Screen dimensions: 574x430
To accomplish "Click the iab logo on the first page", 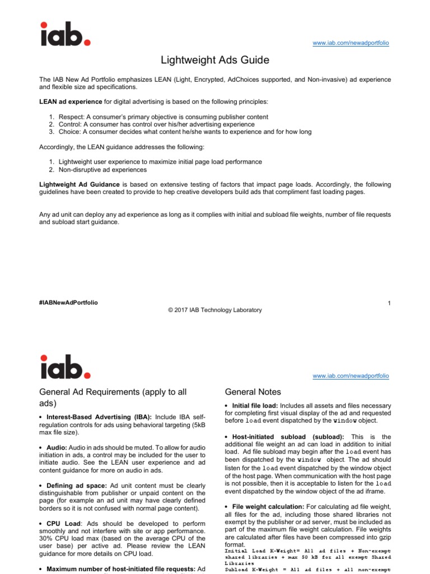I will [x=64, y=34].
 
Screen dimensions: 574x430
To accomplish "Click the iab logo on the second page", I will [x=64, y=367].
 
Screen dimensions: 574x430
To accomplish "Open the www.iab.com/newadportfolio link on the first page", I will [x=350, y=43].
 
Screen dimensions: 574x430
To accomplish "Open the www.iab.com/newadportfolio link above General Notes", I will [x=350, y=376].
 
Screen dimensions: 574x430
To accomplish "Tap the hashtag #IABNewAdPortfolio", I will [x=68, y=303].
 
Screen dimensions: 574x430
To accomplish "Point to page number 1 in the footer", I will [x=389, y=303].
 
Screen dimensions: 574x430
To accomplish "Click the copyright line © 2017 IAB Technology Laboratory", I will [x=214, y=310].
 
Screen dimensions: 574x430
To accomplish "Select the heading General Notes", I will [x=253, y=392].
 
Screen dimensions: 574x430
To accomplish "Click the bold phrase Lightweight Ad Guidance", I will [x=79, y=184].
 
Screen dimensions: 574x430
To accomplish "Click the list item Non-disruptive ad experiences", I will [x=100, y=169].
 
